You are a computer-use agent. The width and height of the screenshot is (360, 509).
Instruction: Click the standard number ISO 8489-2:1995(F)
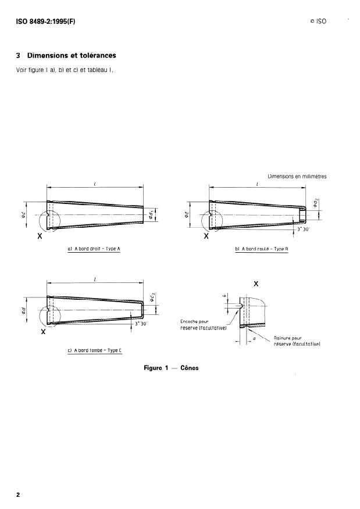pos(45,21)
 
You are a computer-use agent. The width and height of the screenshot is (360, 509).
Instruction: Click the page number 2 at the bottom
pos(18,494)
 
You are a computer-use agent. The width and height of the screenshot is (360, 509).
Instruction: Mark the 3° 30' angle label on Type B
pos(304,230)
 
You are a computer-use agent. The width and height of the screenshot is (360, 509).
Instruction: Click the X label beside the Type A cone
pos(39,237)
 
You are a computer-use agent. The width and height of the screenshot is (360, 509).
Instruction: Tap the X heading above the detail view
pos(256,284)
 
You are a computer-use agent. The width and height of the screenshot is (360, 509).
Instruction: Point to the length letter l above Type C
pos(95,279)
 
